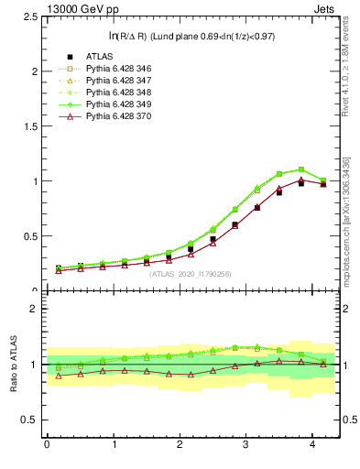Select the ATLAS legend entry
pyautogui.click(x=100, y=56)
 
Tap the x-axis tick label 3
pyautogui.click(x=245, y=444)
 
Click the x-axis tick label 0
pyautogui.click(x=47, y=444)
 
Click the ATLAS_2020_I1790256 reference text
pyautogui.click(x=191, y=274)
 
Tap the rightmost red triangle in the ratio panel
pyautogui.click(x=322, y=365)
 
